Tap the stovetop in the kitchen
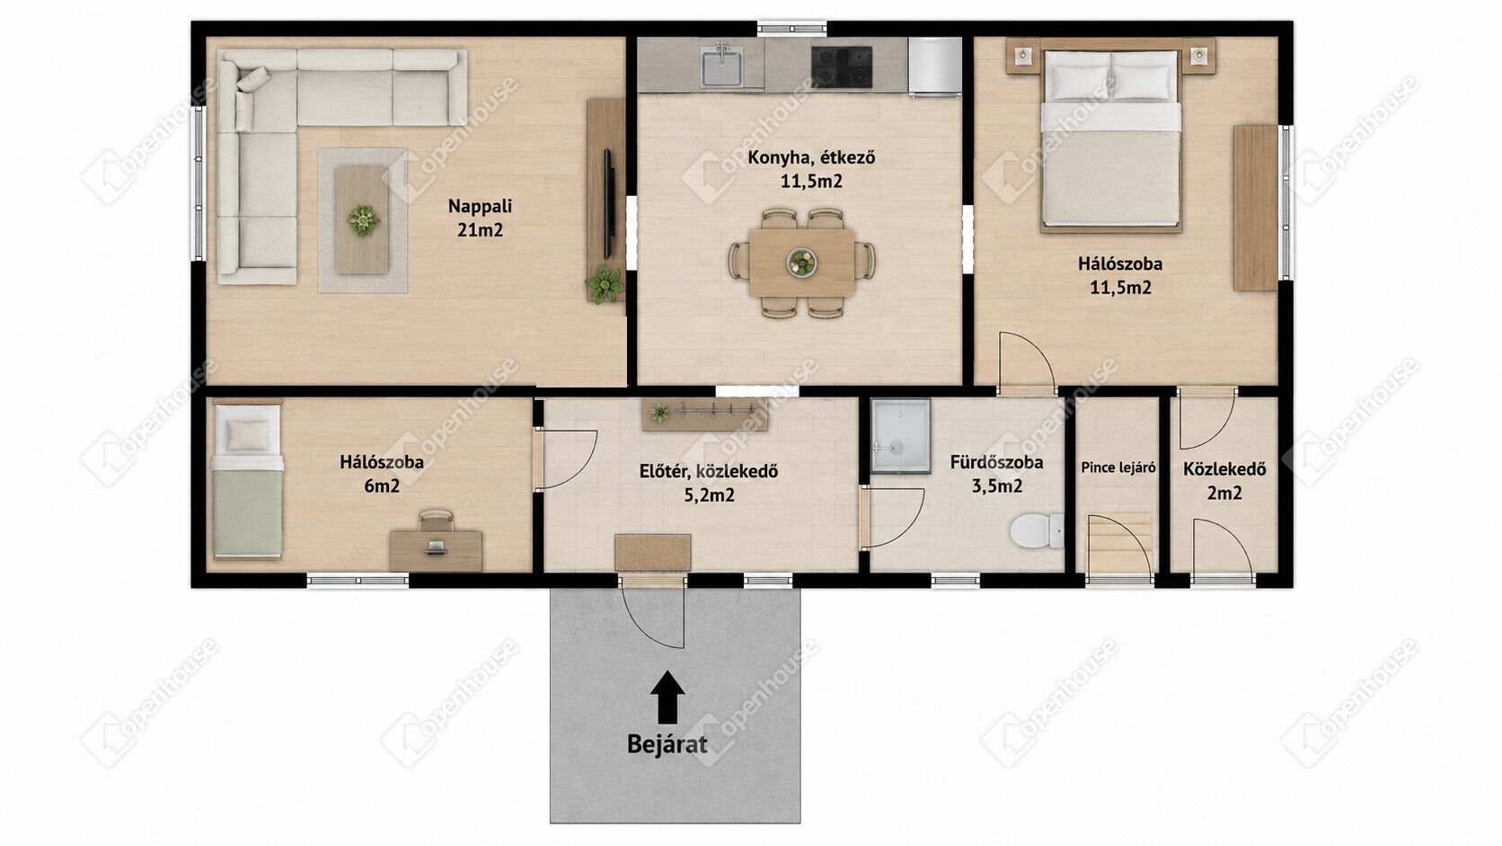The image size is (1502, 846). click(x=842, y=67)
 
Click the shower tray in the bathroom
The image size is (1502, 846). click(x=900, y=436)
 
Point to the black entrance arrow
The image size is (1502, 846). click(x=667, y=697)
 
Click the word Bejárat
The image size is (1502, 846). click(x=667, y=744)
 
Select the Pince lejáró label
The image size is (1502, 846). click(x=1118, y=468)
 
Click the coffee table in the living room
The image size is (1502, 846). click(x=362, y=220)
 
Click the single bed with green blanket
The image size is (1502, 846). click(x=247, y=481)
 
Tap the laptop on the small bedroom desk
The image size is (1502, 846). click(x=435, y=548)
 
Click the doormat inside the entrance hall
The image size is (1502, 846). click(x=653, y=553)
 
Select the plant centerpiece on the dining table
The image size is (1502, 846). click(x=801, y=263)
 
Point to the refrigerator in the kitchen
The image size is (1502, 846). click(x=935, y=67)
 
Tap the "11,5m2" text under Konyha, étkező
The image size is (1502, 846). click(x=811, y=181)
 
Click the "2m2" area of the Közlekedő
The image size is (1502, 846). click(x=1224, y=493)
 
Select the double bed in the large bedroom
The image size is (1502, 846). click(x=1110, y=138)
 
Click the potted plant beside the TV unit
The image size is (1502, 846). click(x=605, y=284)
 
